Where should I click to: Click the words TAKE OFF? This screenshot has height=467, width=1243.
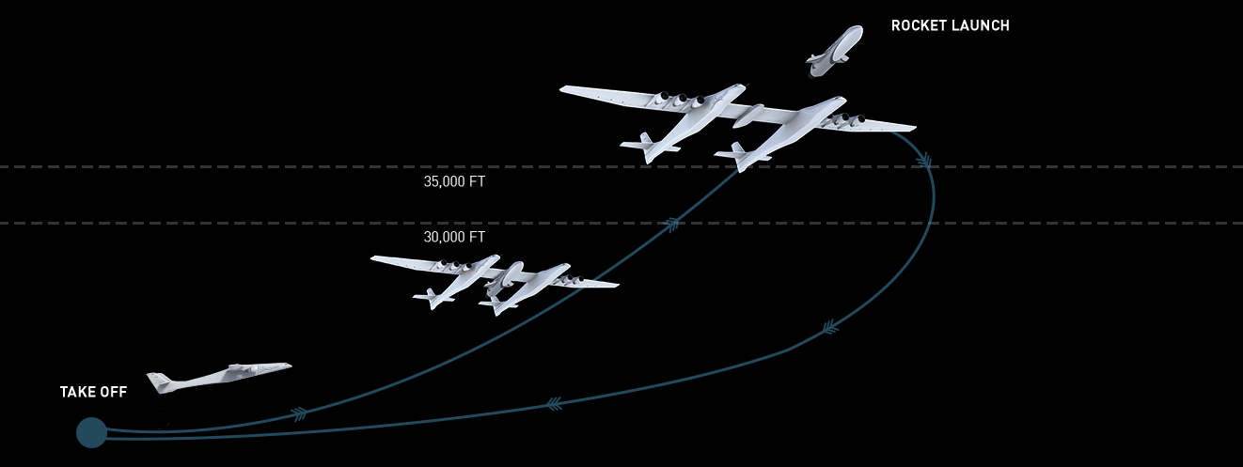[x=93, y=392]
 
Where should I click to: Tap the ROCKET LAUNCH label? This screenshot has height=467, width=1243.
[x=950, y=26]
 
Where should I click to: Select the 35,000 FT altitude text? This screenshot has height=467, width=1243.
[x=454, y=182]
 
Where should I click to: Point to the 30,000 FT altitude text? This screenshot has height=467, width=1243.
[x=454, y=238]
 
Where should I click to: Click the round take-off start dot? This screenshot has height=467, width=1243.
[x=91, y=432]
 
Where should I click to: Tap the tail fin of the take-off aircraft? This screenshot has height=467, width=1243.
[x=159, y=381]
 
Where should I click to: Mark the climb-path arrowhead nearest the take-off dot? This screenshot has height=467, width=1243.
[x=299, y=413]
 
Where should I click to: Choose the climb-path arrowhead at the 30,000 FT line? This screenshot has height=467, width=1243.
[x=671, y=224]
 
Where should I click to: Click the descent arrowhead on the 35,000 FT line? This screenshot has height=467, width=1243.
[x=925, y=163]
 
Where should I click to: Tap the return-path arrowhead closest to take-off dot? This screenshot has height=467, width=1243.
[x=555, y=404]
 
